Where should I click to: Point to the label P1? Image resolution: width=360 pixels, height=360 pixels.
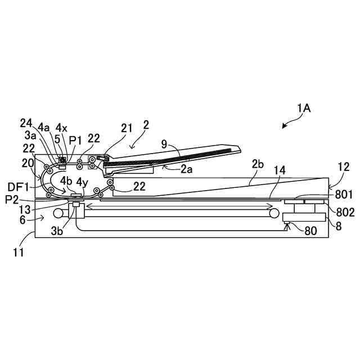[x=75, y=139]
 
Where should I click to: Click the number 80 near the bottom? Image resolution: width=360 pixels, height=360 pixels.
[x=310, y=230]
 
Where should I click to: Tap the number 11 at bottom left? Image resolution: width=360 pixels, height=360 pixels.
[x=19, y=253]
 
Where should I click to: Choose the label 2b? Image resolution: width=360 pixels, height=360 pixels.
[x=258, y=164]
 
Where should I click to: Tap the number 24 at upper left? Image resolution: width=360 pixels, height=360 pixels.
[x=26, y=123]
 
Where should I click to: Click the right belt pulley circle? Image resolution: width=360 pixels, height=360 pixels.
[x=273, y=214]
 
